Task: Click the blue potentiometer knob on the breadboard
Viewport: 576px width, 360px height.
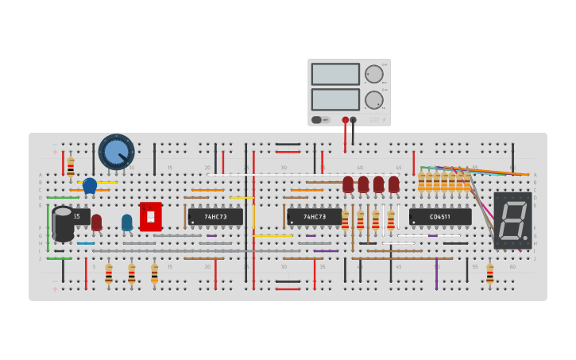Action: tap(116, 151)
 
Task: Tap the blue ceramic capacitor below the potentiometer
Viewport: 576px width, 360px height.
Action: tap(90, 185)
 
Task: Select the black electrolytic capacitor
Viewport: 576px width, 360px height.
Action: tap(63, 223)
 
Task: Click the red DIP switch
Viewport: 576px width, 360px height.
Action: tap(150, 216)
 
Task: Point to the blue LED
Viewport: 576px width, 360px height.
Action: tap(127, 222)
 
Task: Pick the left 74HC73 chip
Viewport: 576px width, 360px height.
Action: tap(215, 216)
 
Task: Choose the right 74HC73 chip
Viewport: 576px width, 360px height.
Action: tap(314, 216)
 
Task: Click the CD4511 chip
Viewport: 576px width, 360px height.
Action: tap(439, 216)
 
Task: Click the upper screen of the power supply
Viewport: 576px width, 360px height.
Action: tap(335, 74)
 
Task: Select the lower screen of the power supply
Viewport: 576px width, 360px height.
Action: tap(335, 99)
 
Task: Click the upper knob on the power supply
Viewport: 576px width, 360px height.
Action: tap(373, 74)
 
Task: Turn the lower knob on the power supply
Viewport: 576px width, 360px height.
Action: tap(373, 100)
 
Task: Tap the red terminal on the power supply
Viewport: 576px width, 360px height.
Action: tap(345, 120)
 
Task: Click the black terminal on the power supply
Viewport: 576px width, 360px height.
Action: tap(354, 120)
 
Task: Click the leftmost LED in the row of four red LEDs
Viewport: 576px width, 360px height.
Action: tap(348, 184)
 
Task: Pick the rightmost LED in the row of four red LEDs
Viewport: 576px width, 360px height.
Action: tap(393, 184)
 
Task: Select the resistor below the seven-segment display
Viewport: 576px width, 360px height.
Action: tap(489, 273)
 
